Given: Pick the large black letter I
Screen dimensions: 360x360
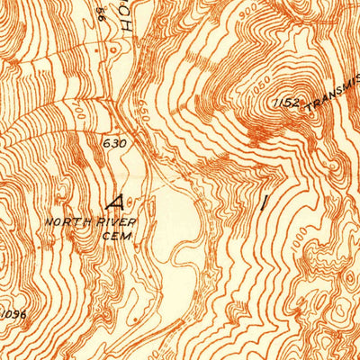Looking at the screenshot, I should [264, 202].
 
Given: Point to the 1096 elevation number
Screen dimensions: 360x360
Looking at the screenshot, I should [12, 313].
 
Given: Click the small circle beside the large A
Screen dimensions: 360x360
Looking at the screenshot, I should [132, 200].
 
